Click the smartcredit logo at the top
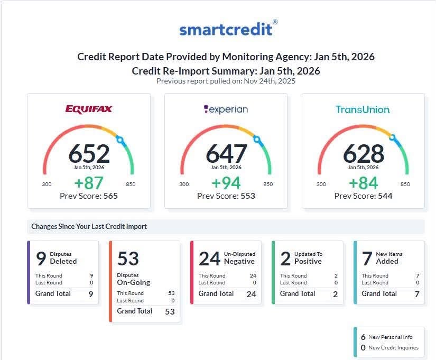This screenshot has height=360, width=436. click(228, 29)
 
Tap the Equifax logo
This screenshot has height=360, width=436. click(89, 109)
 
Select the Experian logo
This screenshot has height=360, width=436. click(226, 109)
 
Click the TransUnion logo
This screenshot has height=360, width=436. click(363, 109)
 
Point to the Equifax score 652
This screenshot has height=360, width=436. click(89, 153)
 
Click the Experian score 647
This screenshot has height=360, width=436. click(226, 153)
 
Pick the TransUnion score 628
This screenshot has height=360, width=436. click(364, 153)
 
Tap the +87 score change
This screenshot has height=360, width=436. click(89, 183)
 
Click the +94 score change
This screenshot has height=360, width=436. click(226, 183)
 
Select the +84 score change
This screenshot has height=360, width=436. click(363, 183)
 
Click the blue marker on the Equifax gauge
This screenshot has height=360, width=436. click(120, 140)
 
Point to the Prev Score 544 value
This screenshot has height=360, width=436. click(385, 196)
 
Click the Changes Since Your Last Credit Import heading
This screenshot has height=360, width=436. click(89, 226)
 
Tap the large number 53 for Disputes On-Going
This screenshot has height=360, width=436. click(128, 259)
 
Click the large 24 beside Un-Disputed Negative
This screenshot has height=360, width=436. click(209, 259)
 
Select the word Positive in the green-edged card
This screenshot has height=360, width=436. click(308, 261)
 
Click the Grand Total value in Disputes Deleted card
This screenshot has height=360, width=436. click(91, 294)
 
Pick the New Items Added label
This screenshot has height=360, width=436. click(389, 257)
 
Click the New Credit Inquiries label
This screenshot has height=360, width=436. click(393, 347)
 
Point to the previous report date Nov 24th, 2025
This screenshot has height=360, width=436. click(270, 81)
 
